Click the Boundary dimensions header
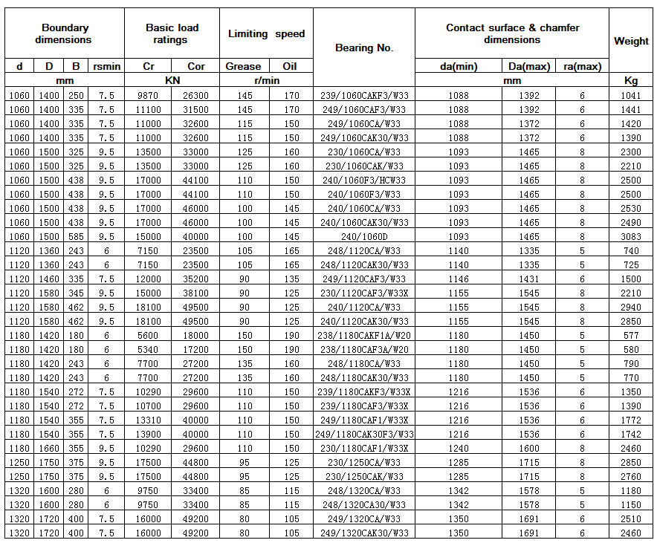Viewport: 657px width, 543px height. pos(63,33)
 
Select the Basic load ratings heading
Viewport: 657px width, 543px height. pos(172,33)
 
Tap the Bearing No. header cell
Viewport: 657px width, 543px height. pos(364,48)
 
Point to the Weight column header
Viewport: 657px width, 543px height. pos(631,41)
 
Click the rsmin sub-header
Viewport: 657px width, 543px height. pos(106,66)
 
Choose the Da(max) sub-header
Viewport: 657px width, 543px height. pos(528,66)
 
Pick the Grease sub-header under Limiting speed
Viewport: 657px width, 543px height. pos(243,66)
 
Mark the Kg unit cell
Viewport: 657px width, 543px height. pos(631,80)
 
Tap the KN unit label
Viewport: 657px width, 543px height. pos(172,80)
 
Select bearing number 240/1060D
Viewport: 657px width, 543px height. pos(364,236)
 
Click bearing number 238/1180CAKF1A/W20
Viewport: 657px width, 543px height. pos(364,335)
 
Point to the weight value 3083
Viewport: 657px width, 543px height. pos(631,236)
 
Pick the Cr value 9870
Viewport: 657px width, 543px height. pos(149,95)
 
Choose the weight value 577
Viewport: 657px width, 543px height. pos(631,335)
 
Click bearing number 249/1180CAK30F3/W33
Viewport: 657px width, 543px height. pos(364,434)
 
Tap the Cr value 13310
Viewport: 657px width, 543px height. pos(149,420)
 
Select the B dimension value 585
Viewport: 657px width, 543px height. pos(76,236)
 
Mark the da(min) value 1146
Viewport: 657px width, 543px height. pos(459,279)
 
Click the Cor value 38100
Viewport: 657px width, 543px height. pos(195,293)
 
